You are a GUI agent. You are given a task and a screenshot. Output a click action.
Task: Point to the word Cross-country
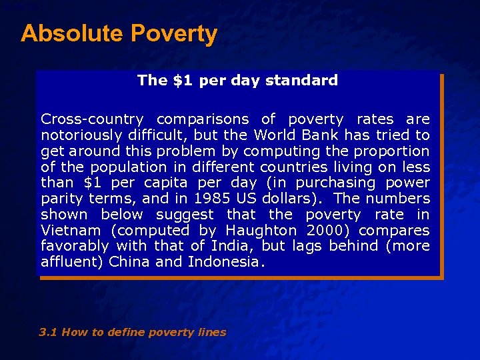92,119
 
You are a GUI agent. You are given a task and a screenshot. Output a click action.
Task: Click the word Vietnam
71,230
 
